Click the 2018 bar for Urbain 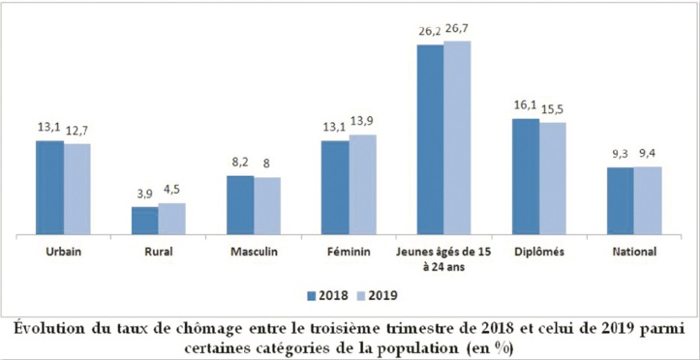click(50, 188)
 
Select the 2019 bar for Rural click(171, 219)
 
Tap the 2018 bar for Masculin click(240, 205)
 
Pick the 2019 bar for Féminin click(362, 185)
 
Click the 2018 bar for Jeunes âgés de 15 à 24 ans click(430, 139)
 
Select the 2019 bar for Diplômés click(552, 178)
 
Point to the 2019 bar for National click(647, 200)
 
